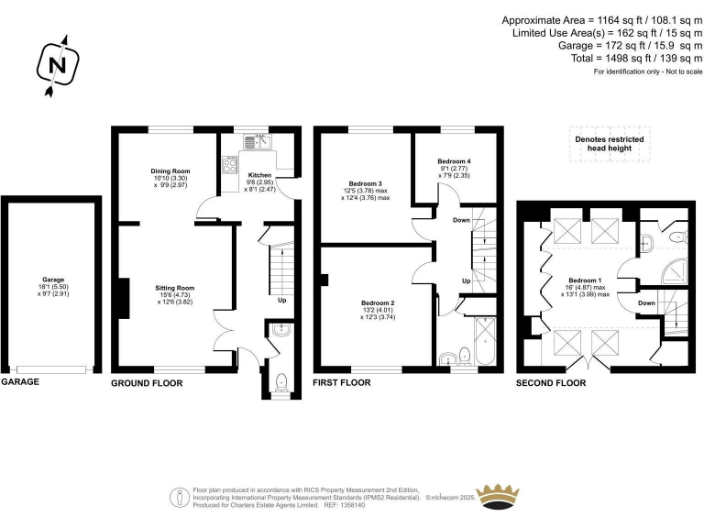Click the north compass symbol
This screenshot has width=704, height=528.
tap(57, 65)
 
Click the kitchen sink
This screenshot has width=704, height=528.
tap(256, 141)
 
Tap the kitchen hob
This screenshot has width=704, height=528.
tap(229, 164)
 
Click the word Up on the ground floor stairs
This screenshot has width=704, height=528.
tap(281, 299)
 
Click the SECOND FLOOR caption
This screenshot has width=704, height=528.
tap(551, 381)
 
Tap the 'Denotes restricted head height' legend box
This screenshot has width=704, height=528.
tap(609, 144)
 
